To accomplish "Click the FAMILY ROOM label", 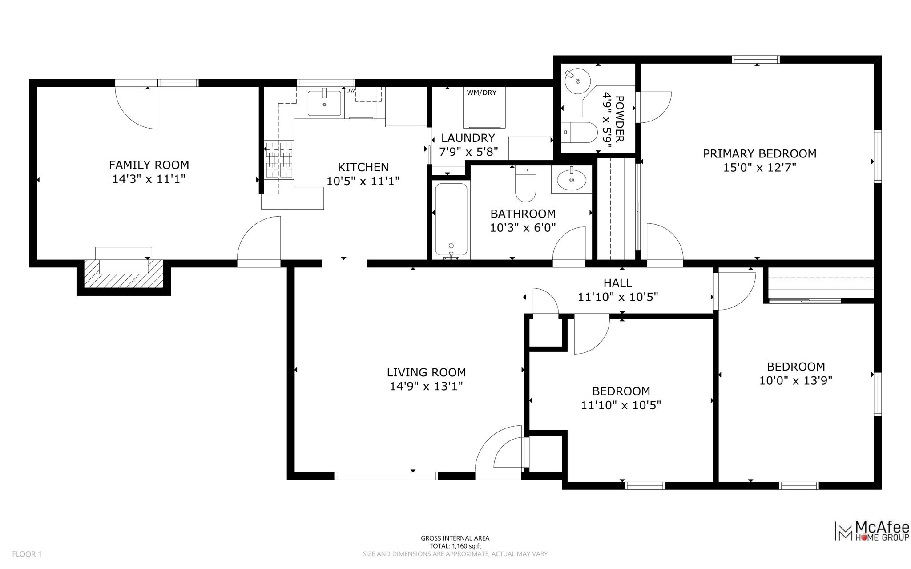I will [149, 165].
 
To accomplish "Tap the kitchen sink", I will [324, 103].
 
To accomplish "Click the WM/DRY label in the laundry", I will [481, 93].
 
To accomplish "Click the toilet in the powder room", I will [580, 132].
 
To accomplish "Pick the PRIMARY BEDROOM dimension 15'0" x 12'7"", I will [759, 168].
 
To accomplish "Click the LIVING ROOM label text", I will [426, 372].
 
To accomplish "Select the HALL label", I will [617, 283].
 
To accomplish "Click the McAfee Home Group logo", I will [872, 532].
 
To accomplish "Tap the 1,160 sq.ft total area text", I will [455, 546].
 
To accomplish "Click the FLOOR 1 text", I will [27, 554].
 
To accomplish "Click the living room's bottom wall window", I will [386, 476].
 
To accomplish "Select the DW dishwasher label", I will [350, 91].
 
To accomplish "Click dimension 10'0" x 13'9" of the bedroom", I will [795, 381].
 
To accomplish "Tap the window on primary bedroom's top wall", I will [756, 59].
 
